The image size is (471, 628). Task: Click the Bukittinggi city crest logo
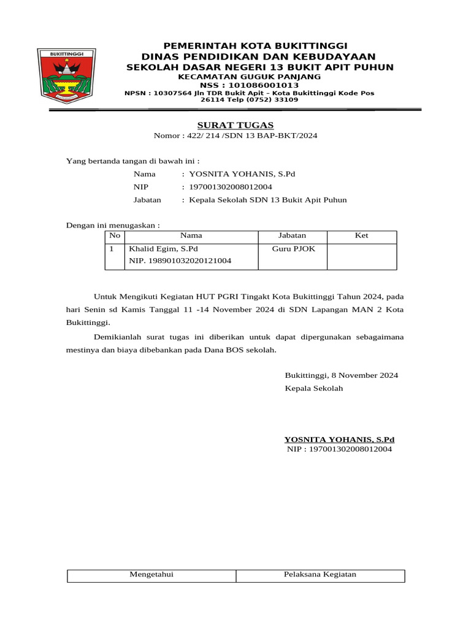click(66, 75)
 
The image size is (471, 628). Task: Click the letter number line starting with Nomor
click(235, 136)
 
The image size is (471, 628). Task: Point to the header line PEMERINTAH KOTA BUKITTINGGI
click(255, 47)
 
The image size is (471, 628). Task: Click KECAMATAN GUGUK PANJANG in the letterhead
click(249, 77)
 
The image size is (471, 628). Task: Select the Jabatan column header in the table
click(292, 235)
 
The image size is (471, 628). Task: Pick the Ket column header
click(362, 235)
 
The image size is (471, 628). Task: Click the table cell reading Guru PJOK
click(292, 249)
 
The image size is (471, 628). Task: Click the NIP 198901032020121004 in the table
click(180, 261)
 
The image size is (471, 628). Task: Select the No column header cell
click(114, 235)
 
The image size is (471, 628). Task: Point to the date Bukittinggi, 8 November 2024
click(342, 375)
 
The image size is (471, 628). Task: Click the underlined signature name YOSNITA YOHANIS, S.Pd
click(339, 440)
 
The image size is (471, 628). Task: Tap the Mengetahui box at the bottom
click(151, 575)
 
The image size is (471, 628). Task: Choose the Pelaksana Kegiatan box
click(320, 575)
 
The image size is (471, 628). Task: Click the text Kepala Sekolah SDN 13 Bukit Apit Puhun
click(268, 200)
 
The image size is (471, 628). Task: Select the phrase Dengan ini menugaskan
click(113, 225)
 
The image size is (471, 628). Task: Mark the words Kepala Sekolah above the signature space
click(314, 388)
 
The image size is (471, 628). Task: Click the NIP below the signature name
click(340, 450)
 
